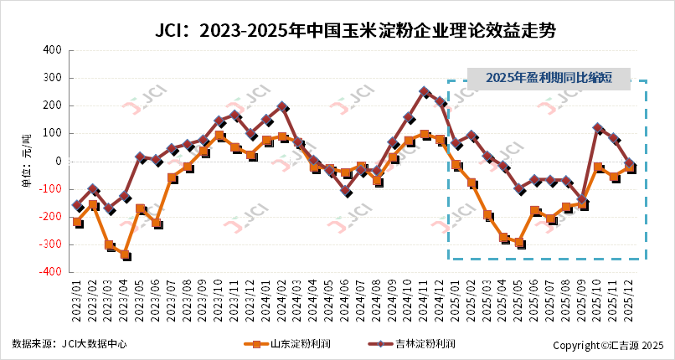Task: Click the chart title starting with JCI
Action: pos(356,31)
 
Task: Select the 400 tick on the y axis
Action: pos(51,50)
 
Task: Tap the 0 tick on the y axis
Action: pos(59,162)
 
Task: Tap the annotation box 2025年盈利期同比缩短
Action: pos(548,79)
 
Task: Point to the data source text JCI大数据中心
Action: pos(70,344)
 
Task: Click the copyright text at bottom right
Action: pos(608,345)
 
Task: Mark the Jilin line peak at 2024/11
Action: pos(425,92)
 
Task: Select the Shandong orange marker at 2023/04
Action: pos(125,255)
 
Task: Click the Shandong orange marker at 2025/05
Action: pos(519,243)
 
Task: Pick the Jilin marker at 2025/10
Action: pos(598,128)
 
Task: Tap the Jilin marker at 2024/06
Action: pos(346,192)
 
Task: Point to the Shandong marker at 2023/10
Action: pos(219,136)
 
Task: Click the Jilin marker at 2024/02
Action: pos(282,107)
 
